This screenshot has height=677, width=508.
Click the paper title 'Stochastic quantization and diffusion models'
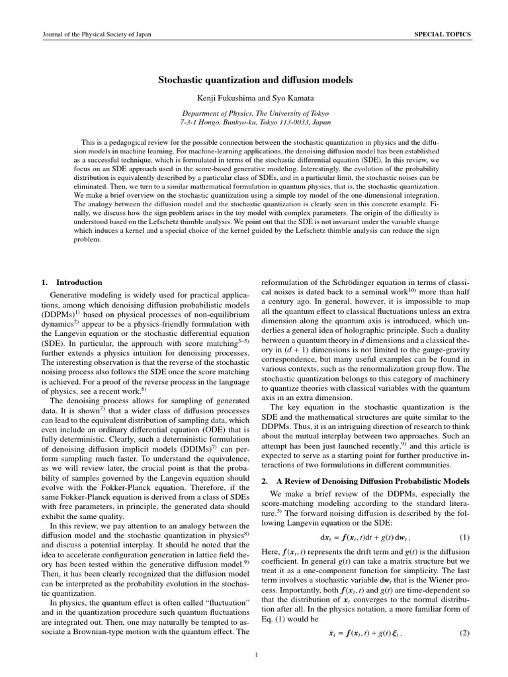255,80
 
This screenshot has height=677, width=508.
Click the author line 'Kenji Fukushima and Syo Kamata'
255,98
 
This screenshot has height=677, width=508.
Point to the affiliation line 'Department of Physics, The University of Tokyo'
255,113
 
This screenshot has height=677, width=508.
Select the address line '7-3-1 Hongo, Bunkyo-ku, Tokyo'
255,122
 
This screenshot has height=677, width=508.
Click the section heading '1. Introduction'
71,282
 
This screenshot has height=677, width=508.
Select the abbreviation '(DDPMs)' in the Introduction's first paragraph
58,316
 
